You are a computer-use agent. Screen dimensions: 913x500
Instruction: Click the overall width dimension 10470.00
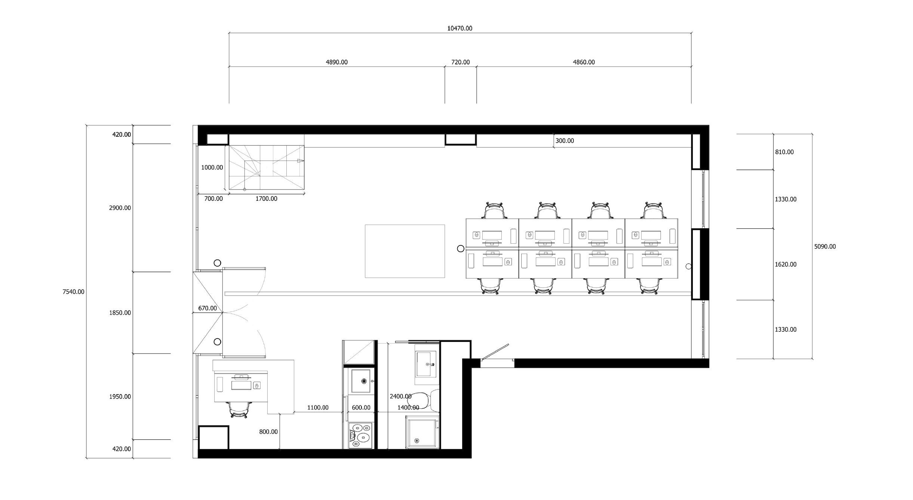click(x=459, y=28)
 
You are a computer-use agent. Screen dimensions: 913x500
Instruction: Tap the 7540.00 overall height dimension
click(x=73, y=292)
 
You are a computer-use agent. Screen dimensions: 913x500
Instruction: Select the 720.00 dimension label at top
click(x=460, y=62)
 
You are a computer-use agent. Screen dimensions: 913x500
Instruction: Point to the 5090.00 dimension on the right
click(x=825, y=247)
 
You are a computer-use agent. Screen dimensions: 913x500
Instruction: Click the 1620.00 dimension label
click(x=786, y=265)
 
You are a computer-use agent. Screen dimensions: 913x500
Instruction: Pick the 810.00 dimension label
click(x=784, y=152)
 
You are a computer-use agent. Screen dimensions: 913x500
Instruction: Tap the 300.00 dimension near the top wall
click(x=565, y=141)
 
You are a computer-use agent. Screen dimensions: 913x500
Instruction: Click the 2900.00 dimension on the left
click(x=120, y=208)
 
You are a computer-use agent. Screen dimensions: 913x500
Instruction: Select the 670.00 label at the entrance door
click(x=207, y=308)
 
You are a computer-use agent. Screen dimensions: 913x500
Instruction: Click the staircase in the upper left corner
click(x=267, y=167)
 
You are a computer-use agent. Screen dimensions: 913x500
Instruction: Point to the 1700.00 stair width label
click(x=266, y=199)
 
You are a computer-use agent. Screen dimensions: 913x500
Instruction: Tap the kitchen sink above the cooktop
click(x=361, y=381)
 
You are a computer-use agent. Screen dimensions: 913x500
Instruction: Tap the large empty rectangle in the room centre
click(x=405, y=251)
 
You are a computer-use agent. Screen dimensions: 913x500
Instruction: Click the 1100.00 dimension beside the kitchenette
click(x=318, y=408)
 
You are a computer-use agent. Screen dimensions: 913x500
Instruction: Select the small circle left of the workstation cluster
click(x=461, y=249)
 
